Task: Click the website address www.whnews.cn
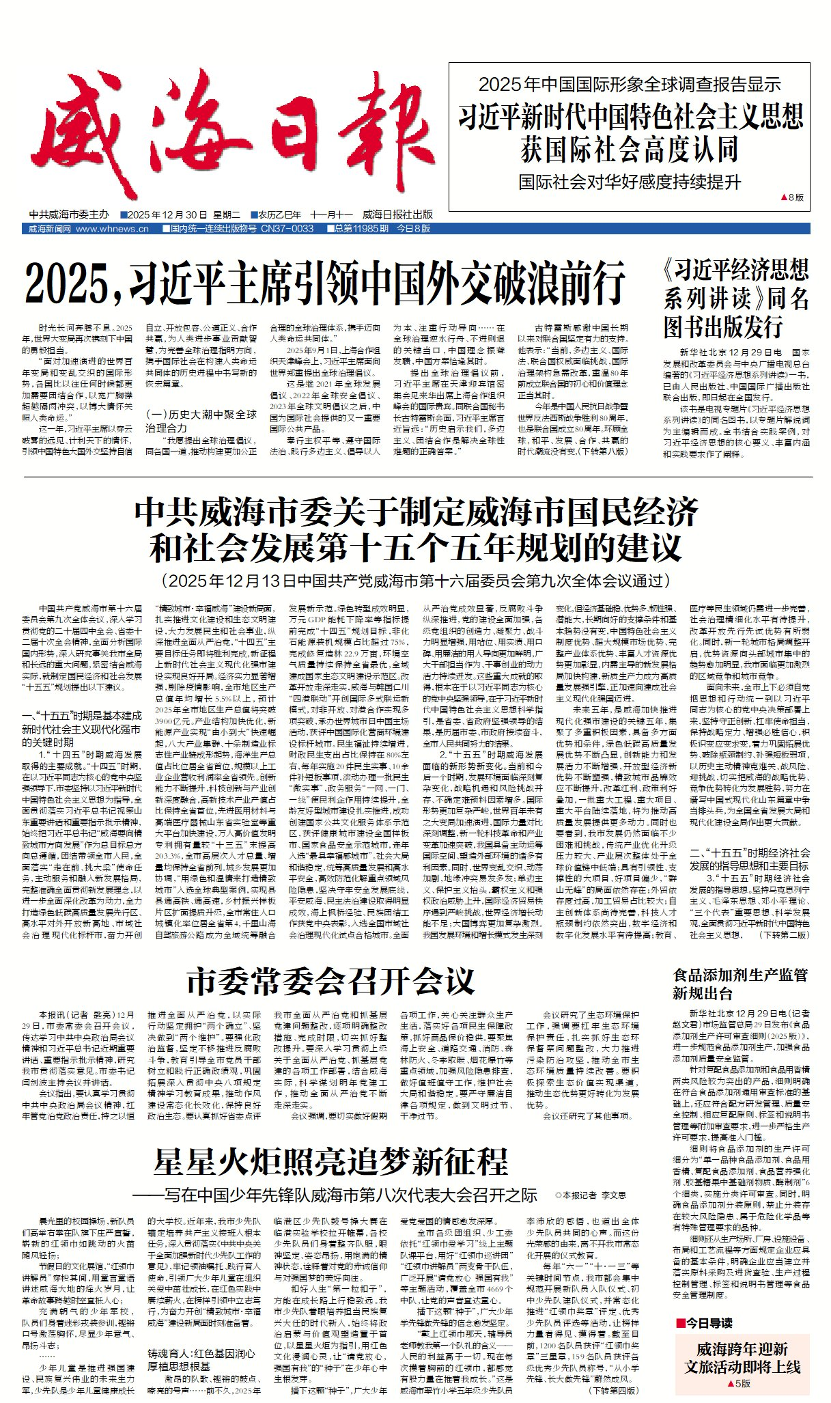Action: pos(112,229)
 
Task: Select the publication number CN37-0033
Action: pos(287,229)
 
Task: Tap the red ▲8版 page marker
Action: pos(792,198)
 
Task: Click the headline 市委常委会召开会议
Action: pos(330,982)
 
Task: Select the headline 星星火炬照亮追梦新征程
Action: pos(331,1161)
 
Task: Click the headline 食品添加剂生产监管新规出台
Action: pos(740,984)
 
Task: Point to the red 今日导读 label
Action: pos(707,1322)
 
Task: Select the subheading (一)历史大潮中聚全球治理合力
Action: pos(201,421)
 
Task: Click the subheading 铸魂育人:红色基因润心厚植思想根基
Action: pos(201,1359)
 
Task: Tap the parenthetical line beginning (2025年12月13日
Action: pos(416,581)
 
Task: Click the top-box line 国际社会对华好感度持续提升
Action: pos(629,182)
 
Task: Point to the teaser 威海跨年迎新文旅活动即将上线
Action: pos(742,1358)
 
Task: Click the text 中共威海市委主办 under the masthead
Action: pos(69,214)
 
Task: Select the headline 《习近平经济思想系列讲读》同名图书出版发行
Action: pos(736,298)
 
